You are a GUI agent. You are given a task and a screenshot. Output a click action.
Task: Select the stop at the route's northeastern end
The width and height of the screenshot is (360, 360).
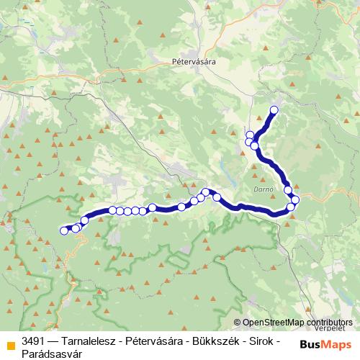(274, 110)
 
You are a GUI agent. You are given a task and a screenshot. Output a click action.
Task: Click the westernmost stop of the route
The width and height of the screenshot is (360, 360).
(62, 231)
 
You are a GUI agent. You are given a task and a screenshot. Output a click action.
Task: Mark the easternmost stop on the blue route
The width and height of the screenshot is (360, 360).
(295, 199)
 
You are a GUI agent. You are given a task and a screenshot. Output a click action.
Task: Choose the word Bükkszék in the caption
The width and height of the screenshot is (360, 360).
(212, 340)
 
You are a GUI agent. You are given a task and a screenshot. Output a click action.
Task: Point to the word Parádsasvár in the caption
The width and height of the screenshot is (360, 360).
(50, 353)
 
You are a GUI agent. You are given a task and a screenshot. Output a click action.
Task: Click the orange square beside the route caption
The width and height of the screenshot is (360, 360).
(9, 341)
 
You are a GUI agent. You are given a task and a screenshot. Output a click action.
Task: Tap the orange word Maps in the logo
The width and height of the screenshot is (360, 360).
(338, 345)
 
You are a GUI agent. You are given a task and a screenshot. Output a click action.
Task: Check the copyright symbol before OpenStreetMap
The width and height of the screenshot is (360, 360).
(238, 323)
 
